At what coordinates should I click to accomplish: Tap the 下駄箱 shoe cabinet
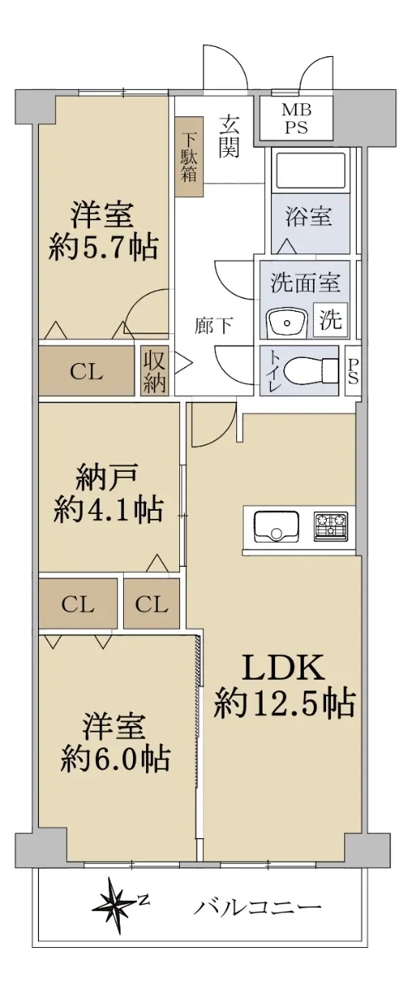click(189, 157)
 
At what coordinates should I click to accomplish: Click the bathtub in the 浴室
click(310, 171)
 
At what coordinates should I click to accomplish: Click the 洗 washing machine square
click(330, 318)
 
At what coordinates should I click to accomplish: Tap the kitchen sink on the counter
click(276, 526)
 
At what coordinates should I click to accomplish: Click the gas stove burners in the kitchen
click(331, 526)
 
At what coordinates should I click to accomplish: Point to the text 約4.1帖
click(108, 510)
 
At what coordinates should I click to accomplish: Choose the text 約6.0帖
click(115, 757)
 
